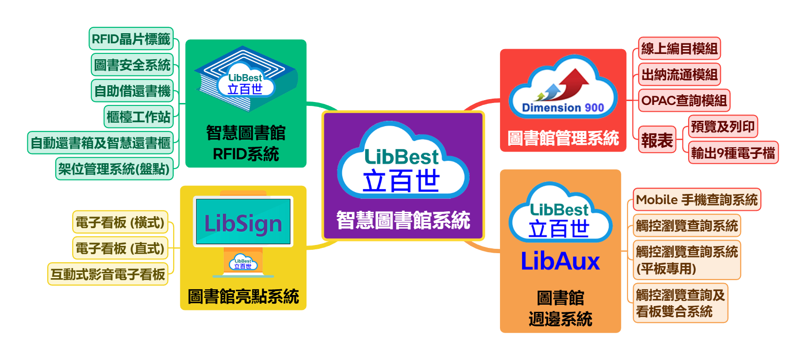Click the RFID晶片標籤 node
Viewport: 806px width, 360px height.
point(131,39)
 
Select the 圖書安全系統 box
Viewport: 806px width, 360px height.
point(132,65)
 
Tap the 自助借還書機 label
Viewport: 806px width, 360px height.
point(132,90)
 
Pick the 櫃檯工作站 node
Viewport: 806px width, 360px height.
point(139,116)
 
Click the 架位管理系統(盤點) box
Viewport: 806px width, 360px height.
point(115,168)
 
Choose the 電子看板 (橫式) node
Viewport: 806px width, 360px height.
point(120,222)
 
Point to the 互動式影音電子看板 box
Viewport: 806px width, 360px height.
point(108,274)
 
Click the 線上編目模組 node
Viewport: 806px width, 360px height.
point(679,48)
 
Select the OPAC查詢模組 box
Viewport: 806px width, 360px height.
point(684,101)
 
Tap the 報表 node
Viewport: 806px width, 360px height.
point(657,140)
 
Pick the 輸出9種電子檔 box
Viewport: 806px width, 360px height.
point(733,153)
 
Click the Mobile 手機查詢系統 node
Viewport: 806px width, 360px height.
point(697,199)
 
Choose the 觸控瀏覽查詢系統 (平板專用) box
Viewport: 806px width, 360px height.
point(687,260)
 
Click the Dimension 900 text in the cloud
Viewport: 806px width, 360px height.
point(563,108)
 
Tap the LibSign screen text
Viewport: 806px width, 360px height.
point(243,224)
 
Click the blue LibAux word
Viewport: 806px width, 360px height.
point(560,261)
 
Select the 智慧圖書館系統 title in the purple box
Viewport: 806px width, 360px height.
point(403,220)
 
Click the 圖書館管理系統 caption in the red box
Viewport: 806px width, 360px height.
point(563,138)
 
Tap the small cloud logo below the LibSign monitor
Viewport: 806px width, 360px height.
point(243,263)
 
